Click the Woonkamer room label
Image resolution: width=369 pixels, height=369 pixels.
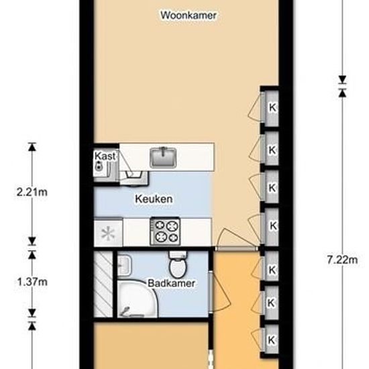(x=189, y=15)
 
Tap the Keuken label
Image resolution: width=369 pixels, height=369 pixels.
(x=154, y=199)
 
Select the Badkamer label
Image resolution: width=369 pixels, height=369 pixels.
(x=171, y=283)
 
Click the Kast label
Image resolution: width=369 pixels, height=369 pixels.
(x=105, y=156)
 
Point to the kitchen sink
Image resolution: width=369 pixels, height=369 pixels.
(x=163, y=157)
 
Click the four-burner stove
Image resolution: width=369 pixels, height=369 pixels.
(x=165, y=232)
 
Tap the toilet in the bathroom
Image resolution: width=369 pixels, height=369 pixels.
(x=178, y=264)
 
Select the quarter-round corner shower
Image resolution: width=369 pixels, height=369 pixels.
(x=136, y=299)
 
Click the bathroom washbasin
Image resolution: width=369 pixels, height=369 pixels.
(x=124, y=266)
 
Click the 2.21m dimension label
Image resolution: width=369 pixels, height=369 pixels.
(x=32, y=193)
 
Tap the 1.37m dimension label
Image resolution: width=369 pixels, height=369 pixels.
(x=32, y=282)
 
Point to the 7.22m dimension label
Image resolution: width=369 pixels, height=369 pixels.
(x=342, y=260)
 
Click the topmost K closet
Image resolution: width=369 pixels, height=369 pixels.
(x=272, y=108)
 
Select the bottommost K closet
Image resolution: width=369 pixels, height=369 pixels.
(x=271, y=340)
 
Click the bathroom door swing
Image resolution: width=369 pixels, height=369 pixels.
(x=220, y=291)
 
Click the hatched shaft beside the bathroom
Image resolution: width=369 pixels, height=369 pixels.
(x=103, y=284)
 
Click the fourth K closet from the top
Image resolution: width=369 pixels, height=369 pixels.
(x=272, y=225)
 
